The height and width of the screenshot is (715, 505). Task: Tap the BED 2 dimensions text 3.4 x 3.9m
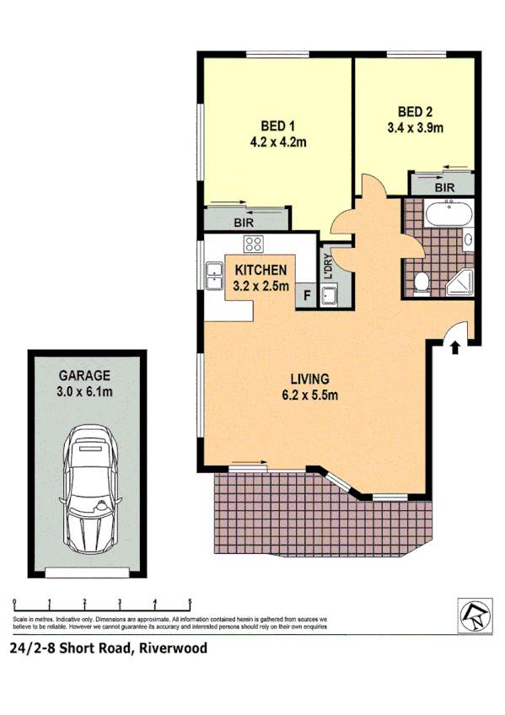pyautogui.click(x=414, y=128)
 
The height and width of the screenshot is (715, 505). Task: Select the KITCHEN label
pyautogui.click(x=261, y=270)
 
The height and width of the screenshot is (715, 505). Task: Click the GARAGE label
pyautogui.click(x=84, y=375)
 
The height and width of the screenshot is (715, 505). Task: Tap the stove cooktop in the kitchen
pyautogui.click(x=253, y=245)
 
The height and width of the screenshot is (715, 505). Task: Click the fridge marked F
pyautogui.click(x=305, y=296)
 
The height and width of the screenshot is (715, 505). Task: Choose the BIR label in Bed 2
pyautogui.click(x=446, y=186)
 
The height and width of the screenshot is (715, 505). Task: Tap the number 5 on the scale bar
pyautogui.click(x=190, y=602)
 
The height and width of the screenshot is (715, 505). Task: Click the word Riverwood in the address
pyautogui.click(x=174, y=648)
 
